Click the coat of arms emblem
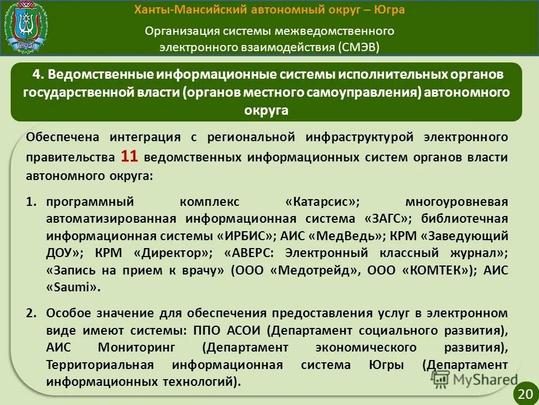click(x=26, y=26)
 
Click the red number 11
click(x=129, y=156)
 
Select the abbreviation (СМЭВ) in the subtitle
click(x=359, y=46)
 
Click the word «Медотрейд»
click(x=314, y=270)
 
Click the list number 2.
click(x=32, y=313)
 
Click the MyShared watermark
click(x=474, y=379)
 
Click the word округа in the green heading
click(x=266, y=110)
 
